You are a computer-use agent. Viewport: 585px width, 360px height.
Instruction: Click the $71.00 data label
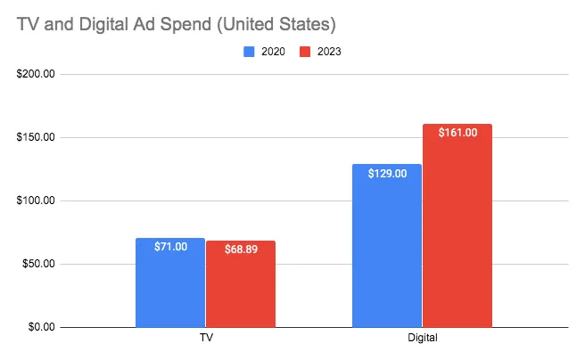(170, 247)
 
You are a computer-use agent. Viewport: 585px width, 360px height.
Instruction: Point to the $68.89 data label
(240, 250)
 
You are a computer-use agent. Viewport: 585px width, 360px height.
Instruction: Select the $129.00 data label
(387, 174)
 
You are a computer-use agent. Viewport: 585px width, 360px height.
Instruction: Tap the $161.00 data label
(457, 133)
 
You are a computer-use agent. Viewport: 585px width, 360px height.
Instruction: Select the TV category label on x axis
(205, 340)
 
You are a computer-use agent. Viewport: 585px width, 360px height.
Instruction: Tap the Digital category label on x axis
(422, 340)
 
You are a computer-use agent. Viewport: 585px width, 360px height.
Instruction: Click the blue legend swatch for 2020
(250, 52)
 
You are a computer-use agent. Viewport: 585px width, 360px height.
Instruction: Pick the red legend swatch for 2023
(304, 52)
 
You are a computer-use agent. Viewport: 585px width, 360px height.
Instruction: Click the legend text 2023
(327, 52)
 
